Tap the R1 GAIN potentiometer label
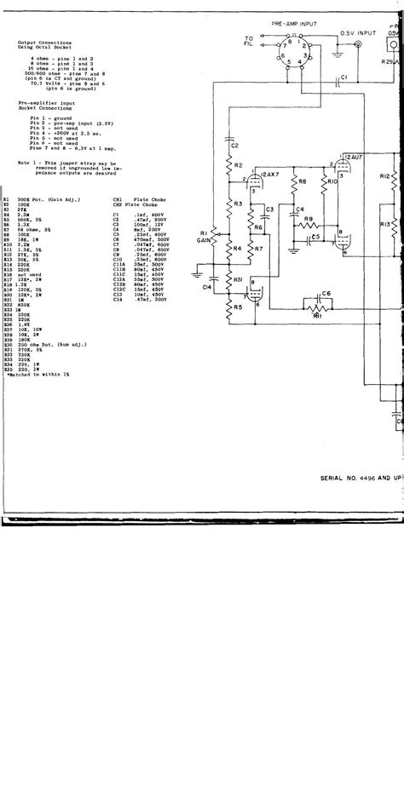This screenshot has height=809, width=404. click(204, 236)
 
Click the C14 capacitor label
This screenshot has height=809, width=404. click(207, 287)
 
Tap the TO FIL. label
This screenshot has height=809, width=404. click(249, 41)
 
